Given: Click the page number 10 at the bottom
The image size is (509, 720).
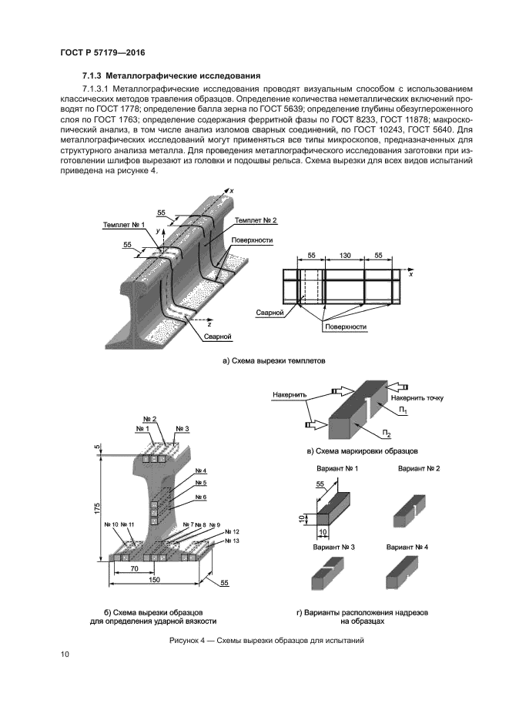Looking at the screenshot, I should [65, 655].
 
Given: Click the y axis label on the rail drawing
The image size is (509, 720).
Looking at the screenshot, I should [159, 230].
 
